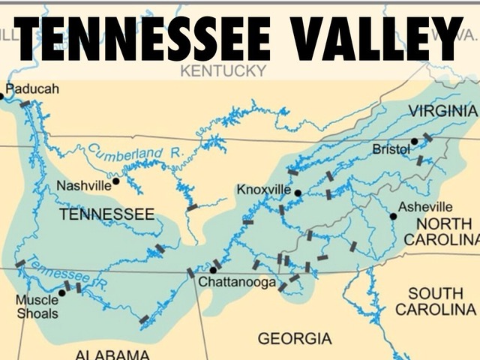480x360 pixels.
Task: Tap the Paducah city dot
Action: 1,96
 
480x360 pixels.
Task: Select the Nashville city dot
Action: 115,181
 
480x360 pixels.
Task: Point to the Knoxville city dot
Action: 298,193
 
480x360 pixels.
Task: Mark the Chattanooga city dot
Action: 214,270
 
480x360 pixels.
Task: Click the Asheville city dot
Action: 393,216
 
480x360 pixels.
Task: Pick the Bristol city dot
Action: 414,141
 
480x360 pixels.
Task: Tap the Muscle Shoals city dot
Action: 61,292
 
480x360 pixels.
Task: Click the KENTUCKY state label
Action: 223,71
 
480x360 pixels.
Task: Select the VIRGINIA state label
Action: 442,111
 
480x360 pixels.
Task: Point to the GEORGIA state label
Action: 294,339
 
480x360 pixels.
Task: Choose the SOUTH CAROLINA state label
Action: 436,301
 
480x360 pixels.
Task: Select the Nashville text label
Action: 83,184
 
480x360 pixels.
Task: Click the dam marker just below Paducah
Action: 25,104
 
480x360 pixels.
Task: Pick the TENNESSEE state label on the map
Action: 106,214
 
